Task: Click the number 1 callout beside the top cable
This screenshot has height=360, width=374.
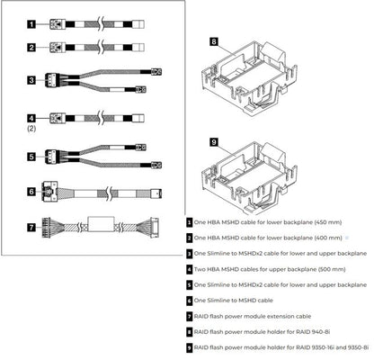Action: click(x=32, y=25)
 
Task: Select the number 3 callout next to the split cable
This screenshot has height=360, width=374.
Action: click(x=32, y=80)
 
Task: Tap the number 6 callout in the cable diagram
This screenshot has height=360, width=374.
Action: click(x=32, y=191)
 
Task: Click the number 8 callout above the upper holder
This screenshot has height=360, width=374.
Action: click(x=214, y=41)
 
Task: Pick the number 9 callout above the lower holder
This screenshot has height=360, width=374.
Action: click(x=214, y=142)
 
